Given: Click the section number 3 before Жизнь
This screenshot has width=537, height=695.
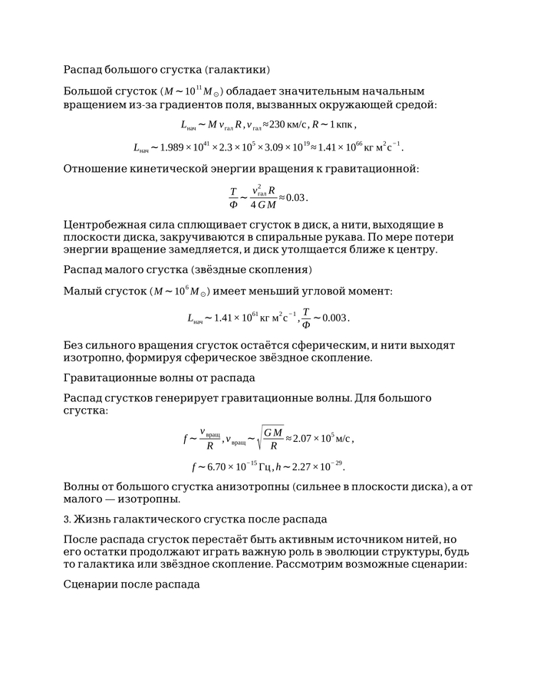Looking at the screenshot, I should click(x=66, y=519).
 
